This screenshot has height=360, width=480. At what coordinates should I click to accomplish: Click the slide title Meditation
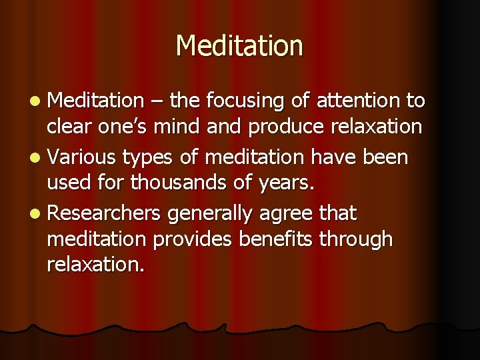pos(239,46)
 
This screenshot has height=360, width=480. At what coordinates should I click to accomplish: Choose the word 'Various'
pos(81,157)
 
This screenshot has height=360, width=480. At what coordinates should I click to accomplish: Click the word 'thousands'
pos(187,183)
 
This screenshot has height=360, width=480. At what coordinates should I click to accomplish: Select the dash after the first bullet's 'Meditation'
pos(156,102)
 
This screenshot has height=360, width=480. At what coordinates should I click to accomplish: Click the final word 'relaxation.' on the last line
pos(95,265)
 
